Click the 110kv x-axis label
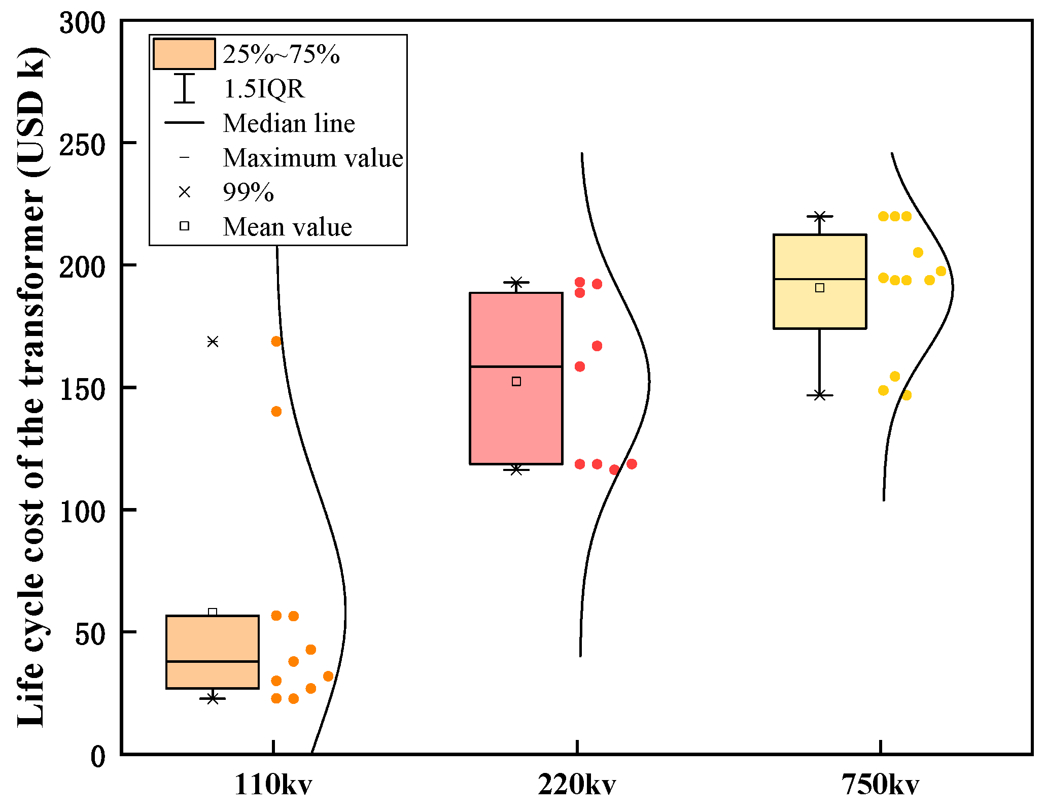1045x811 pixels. (x=273, y=785)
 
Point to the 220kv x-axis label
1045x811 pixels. (x=577, y=785)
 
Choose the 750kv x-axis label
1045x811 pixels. (x=880, y=785)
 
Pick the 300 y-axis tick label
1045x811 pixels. (x=82, y=23)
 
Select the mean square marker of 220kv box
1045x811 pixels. (x=516, y=381)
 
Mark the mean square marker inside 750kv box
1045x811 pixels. (x=819, y=288)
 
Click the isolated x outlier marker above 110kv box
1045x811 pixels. (x=213, y=342)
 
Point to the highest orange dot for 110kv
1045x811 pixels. (x=276, y=341)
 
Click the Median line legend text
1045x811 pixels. (x=289, y=123)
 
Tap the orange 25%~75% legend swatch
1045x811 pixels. (x=184, y=54)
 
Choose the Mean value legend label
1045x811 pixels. (x=287, y=227)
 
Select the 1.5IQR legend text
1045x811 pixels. (x=264, y=89)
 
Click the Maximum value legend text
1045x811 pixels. (x=312, y=158)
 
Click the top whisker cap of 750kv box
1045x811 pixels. (x=819, y=217)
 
